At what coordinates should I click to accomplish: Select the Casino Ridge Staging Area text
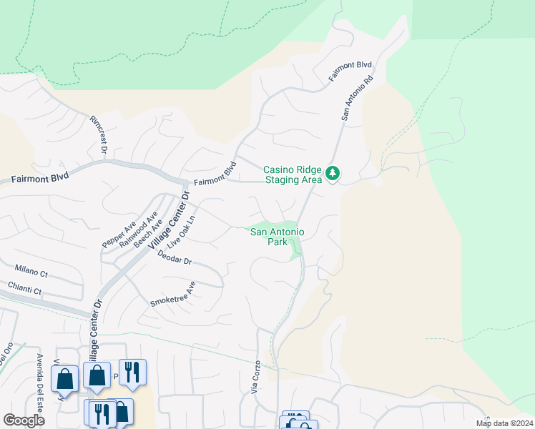click(293, 174)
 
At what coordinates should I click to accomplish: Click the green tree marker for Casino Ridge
click(333, 173)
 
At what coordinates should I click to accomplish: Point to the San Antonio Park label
click(278, 237)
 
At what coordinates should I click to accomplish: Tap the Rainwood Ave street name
click(138, 228)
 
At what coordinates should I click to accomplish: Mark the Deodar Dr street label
click(175, 260)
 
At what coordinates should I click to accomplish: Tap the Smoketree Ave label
click(172, 294)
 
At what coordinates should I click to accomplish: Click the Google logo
click(24, 420)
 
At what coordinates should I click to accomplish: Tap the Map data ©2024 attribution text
click(504, 423)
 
